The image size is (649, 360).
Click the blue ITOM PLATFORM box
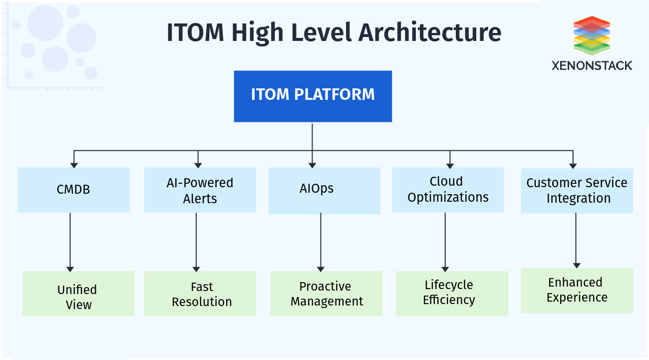[x=313, y=96]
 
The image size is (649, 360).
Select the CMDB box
[x=73, y=190]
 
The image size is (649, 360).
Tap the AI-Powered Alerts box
[x=200, y=190]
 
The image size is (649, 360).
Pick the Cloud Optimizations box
[x=448, y=190]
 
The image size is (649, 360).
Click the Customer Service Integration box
[x=577, y=191]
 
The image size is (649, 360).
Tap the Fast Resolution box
[x=200, y=294]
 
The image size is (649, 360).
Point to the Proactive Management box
[x=326, y=294]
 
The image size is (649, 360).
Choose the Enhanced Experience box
[x=577, y=291]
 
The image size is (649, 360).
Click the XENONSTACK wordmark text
[x=592, y=65]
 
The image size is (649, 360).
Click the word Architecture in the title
[x=430, y=32]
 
